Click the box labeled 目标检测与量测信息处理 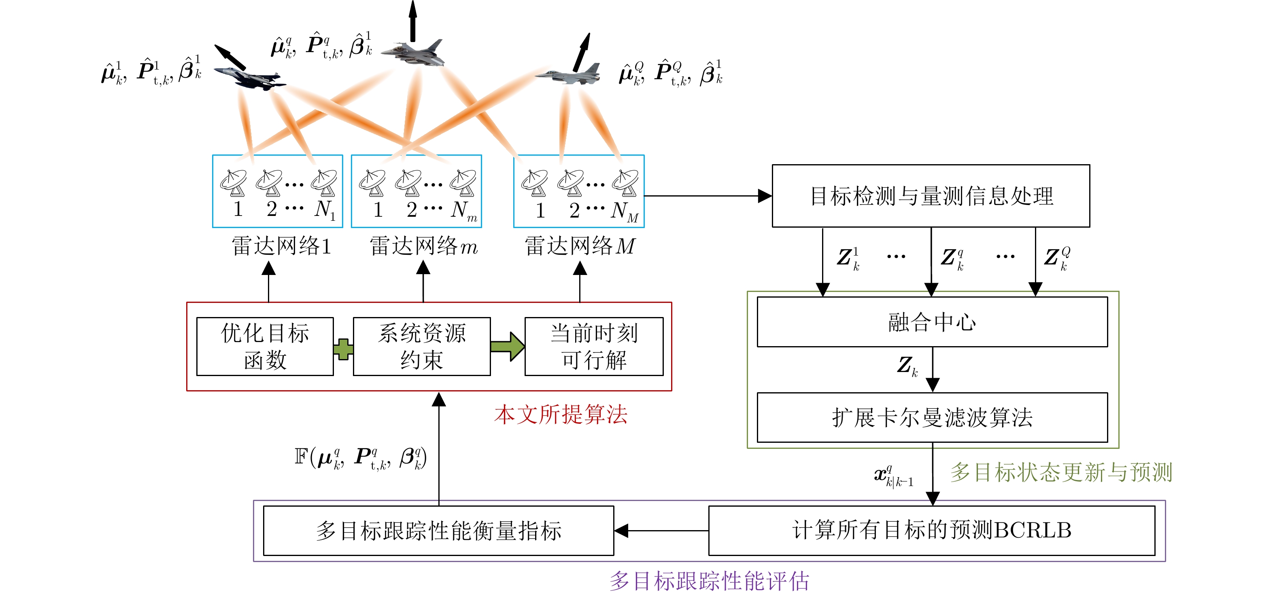click(x=931, y=196)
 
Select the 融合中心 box click(x=932, y=322)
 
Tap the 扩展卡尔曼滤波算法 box click(x=932, y=417)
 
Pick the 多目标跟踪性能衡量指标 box click(x=438, y=530)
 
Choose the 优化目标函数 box click(x=265, y=346)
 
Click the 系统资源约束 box click(x=422, y=346)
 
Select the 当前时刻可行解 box click(x=593, y=346)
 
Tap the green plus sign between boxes click(x=343, y=349)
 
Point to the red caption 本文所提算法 click(x=560, y=414)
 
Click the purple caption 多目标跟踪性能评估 click(x=709, y=581)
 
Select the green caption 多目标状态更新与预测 click(x=1061, y=472)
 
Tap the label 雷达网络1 click(x=281, y=246)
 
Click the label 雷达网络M click(x=580, y=246)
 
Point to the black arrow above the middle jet click(x=413, y=21)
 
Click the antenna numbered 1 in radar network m click(x=372, y=183)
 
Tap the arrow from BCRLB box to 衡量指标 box click(x=661, y=531)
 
